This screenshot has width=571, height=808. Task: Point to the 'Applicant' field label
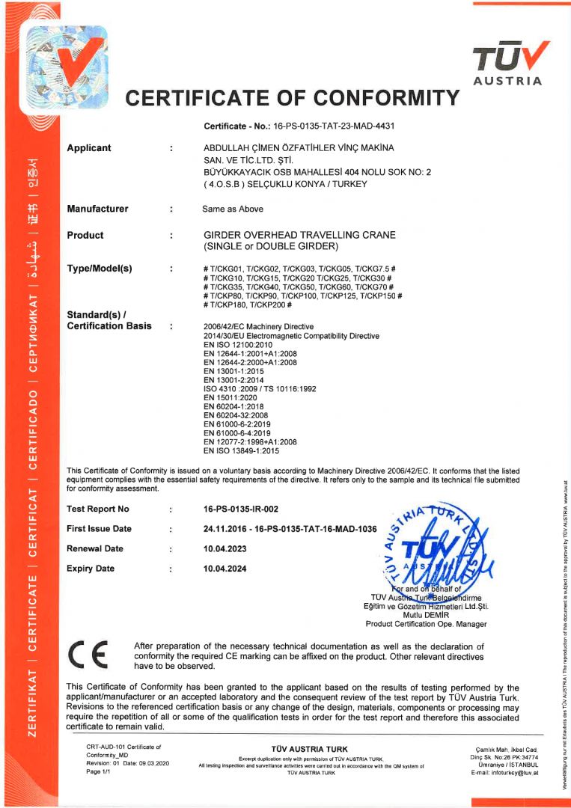coord(89,148)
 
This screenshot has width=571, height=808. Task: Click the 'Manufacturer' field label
coord(97,209)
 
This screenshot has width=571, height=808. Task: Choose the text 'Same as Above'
coord(230,209)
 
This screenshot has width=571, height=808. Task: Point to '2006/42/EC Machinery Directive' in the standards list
coord(259,327)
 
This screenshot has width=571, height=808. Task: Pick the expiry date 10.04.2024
coord(225,569)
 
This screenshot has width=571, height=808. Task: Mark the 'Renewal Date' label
coord(95,548)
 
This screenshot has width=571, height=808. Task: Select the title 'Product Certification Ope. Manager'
coord(426,624)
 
